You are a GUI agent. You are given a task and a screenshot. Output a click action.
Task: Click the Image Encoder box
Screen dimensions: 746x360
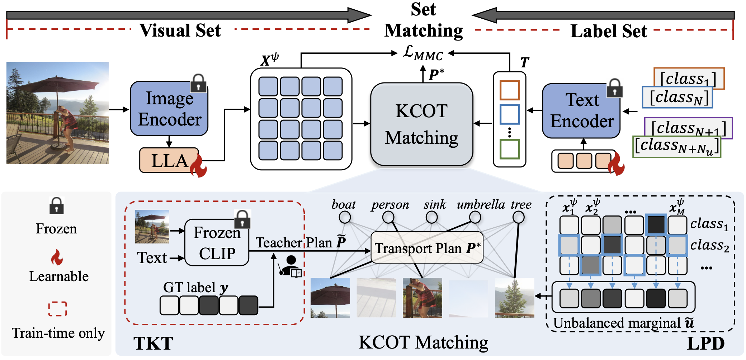coord(169,109)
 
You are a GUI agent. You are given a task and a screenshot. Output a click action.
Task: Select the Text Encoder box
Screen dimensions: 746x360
coord(581,111)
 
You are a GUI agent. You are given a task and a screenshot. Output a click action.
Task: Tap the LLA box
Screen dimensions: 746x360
coord(169,160)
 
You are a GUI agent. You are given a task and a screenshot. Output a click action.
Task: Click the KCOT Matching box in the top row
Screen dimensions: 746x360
coord(421,124)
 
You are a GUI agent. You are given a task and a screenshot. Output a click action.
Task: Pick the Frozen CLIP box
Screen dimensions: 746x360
coord(217,242)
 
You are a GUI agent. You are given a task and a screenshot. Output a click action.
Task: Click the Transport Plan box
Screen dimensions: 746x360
coord(427,248)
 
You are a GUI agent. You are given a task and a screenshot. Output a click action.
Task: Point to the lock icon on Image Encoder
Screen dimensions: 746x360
coord(198,83)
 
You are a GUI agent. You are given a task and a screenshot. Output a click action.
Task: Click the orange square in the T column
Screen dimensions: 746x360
coord(510,90)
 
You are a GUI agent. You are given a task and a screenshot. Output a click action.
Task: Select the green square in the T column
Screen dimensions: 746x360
coord(510,149)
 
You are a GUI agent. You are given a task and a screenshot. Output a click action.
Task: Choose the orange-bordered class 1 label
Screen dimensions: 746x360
coord(689,77)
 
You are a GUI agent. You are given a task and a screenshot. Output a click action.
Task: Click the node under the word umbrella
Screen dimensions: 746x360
coord(475,217)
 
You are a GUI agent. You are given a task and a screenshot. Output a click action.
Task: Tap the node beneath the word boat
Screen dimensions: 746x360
coord(345,217)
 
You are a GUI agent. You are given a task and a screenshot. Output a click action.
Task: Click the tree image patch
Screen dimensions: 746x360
coord(514,298)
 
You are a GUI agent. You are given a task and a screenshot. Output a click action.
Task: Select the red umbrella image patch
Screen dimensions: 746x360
coord(330,298)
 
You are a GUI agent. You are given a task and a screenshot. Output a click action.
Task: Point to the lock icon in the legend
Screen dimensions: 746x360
coord(57,205)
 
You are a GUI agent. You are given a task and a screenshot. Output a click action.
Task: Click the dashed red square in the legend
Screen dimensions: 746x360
coord(57,309)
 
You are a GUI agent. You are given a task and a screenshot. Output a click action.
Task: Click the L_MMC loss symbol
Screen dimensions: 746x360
coord(422,53)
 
